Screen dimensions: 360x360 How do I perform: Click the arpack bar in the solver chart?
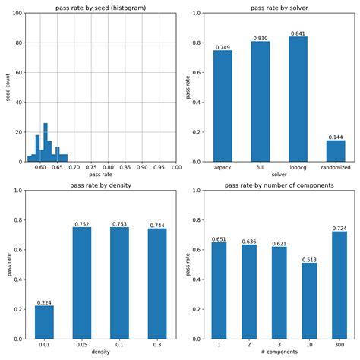pyautogui.click(x=223, y=106)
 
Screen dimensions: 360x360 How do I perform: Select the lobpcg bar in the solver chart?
pyautogui.click(x=298, y=99)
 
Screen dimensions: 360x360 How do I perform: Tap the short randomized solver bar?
pyautogui.click(x=336, y=151)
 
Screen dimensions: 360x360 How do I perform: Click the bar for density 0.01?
pyautogui.click(x=44, y=322)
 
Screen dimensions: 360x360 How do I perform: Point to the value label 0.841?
pyautogui.click(x=298, y=33)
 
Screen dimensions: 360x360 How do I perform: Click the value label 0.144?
pyautogui.click(x=336, y=137)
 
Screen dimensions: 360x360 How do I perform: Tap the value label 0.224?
pyautogui.click(x=44, y=302)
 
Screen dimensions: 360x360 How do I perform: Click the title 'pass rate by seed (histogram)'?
pyautogui.click(x=100, y=7)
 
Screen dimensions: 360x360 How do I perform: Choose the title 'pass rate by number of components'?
pyautogui.click(x=279, y=185)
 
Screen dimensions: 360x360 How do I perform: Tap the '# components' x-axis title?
pyautogui.click(x=279, y=353)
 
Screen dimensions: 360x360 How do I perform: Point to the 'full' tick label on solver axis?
pyautogui.click(x=261, y=168)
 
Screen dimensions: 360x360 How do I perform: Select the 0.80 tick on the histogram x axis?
pyautogui.click(x=109, y=168)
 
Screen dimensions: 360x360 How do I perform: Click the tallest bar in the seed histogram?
pyautogui.click(x=46, y=143)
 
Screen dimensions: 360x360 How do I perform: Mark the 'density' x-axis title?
pyautogui.click(x=100, y=353)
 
